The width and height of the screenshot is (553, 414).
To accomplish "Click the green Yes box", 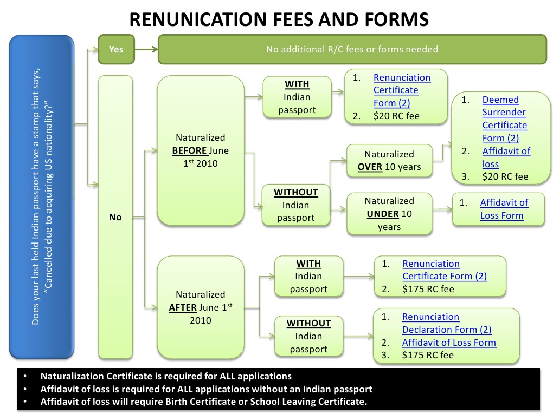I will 116,49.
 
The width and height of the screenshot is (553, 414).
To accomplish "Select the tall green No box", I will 115,216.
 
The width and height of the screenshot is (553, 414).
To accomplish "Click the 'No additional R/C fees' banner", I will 352,49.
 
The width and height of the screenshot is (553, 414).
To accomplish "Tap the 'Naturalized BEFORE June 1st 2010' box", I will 200,150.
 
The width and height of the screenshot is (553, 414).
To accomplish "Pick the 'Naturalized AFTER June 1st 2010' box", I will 200,307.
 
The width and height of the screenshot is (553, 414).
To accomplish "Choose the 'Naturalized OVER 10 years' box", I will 389,161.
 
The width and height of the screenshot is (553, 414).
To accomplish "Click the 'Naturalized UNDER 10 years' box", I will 389,214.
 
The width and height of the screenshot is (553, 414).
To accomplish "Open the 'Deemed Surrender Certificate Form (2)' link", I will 504,119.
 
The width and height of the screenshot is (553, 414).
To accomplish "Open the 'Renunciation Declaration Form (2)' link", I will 446,323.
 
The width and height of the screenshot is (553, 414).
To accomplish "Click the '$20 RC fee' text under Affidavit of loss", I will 505,176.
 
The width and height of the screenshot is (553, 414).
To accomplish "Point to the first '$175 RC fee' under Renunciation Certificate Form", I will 428,289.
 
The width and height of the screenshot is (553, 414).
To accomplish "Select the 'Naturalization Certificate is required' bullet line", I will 166,376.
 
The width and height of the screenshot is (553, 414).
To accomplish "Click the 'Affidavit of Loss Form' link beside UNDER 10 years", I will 504,209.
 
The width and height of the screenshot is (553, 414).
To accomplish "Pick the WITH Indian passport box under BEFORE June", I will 297,97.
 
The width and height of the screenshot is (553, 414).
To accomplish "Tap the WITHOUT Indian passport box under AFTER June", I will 308,336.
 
